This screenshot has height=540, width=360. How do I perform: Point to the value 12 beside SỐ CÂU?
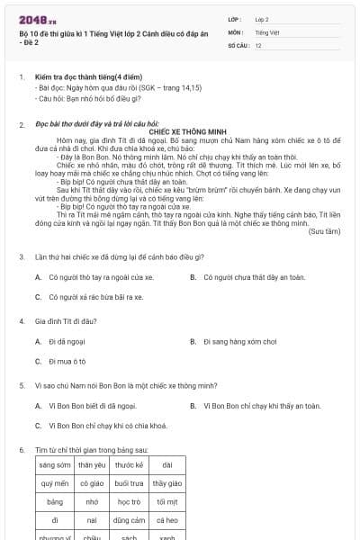click(x=258, y=44)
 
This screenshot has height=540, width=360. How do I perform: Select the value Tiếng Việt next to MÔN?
click(x=267, y=31)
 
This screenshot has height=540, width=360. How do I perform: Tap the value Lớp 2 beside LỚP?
click(x=262, y=18)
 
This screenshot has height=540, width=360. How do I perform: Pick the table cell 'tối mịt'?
click(x=166, y=501)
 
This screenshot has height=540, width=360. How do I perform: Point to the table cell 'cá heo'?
click(x=166, y=520)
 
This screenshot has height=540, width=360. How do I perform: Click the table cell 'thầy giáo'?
click(x=166, y=483)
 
